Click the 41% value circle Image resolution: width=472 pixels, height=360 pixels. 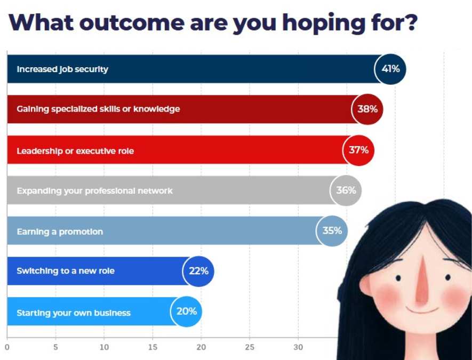pos(390,69)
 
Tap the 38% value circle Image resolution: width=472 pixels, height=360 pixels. pos(367,109)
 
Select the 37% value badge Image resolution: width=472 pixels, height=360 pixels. pos(359,150)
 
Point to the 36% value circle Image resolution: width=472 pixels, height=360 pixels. pos(346,190)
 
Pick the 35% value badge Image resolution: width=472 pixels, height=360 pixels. pos(332,231)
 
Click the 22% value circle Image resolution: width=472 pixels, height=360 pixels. pos(198,271)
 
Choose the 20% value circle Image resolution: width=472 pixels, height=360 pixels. pos(187,311)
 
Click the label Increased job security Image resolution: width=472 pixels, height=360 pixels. pos(62,69)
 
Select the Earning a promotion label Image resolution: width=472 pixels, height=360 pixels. pos(60,232)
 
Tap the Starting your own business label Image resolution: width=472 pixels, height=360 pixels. pos(74,313)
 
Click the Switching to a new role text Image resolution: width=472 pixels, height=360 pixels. pos(66,271)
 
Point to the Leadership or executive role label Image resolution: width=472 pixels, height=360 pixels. pos(75,151)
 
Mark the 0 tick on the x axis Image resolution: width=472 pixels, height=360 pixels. pos(7,347)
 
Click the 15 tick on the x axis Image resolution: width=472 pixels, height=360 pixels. pos(153,347)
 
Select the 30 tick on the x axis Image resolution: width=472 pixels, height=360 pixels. pos(298,347)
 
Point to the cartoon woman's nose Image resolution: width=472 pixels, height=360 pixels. pos(422,280)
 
